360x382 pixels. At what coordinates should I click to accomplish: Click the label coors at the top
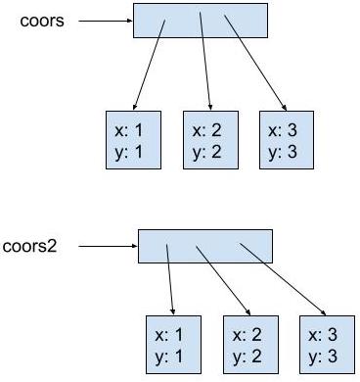(42, 20)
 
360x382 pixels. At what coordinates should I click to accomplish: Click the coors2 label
(30, 246)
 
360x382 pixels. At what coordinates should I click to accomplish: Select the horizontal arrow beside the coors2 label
(108, 247)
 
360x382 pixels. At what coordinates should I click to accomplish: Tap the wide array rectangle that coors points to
(200, 20)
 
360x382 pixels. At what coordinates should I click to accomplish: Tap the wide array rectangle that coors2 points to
(204, 246)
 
